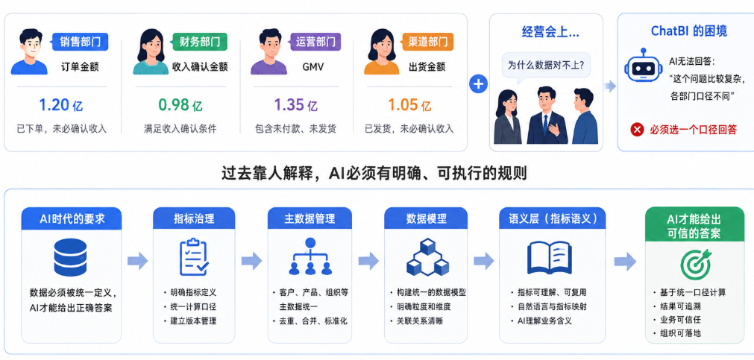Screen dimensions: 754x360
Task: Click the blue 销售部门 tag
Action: coord(80,42)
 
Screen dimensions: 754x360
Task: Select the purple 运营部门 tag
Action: coord(315,42)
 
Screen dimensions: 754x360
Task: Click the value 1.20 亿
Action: coord(61,105)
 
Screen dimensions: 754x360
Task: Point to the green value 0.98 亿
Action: coord(180,105)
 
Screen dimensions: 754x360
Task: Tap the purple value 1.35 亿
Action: coord(296,105)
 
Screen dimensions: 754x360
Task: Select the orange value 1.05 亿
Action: coord(409,105)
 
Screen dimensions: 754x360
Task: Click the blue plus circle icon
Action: coord(479,84)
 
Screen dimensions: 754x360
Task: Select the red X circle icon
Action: coord(637,129)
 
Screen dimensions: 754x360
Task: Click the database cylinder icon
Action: coord(70,257)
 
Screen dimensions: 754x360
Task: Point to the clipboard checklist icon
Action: coord(194,256)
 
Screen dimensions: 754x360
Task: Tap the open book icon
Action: coord(553,258)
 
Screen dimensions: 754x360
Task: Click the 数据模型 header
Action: coord(426,218)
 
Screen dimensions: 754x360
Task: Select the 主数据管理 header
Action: coord(310,218)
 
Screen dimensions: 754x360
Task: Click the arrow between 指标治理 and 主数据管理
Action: coord(251,261)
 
